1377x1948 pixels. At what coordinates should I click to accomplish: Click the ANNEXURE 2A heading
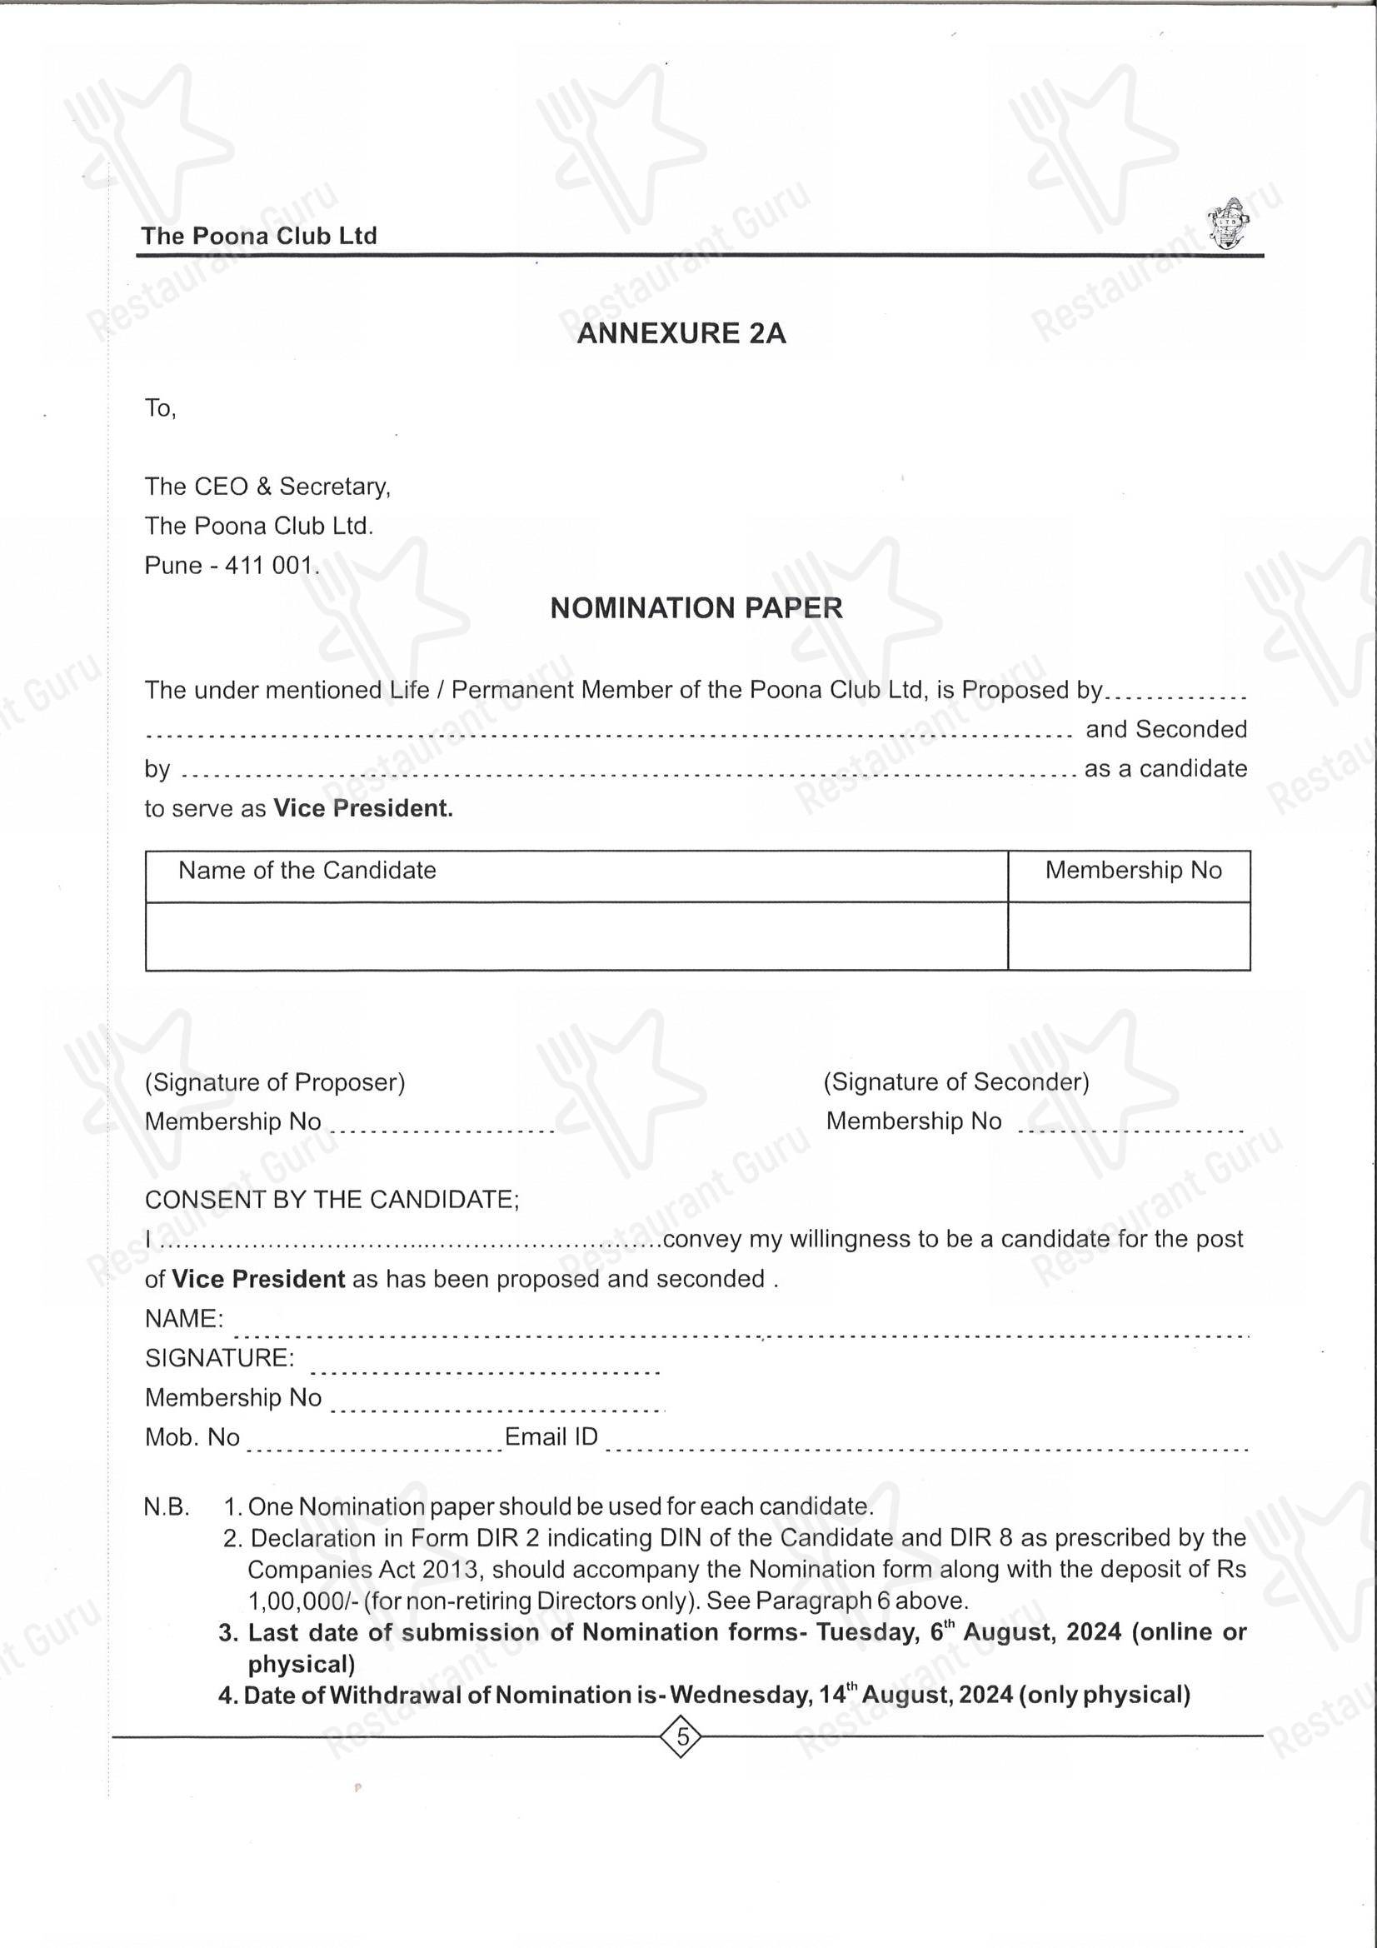tap(681, 333)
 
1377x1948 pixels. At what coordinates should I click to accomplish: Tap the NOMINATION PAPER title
tap(696, 608)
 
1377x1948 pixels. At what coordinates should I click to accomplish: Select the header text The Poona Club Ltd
tap(259, 236)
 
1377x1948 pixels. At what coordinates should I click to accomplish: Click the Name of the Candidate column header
tap(307, 871)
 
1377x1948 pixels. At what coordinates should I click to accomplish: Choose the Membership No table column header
tap(1133, 871)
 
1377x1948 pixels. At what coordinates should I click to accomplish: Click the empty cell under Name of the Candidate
tap(576, 936)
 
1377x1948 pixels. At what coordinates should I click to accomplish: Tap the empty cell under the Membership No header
tap(1129, 936)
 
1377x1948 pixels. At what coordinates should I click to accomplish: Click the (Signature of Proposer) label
tap(275, 1082)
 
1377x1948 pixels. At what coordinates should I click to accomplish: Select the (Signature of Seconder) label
tap(956, 1081)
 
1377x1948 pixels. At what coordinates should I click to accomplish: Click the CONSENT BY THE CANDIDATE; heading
tap(332, 1200)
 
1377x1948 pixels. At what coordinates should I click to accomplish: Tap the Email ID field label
tap(551, 1436)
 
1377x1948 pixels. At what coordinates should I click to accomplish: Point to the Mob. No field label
tap(192, 1437)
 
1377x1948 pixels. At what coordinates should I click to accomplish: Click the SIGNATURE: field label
tap(220, 1358)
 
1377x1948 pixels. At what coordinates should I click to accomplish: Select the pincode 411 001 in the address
tap(271, 566)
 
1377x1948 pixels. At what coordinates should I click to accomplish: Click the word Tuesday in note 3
tap(867, 1632)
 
